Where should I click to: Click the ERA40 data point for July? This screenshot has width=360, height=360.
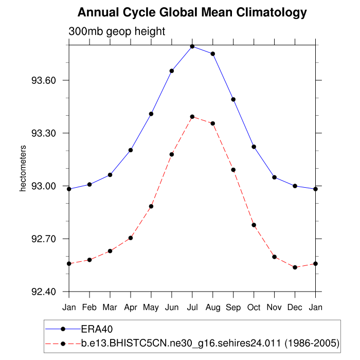coord(192,46)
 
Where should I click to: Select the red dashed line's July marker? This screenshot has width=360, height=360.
coord(192,117)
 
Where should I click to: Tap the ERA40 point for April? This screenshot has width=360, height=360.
coord(131,150)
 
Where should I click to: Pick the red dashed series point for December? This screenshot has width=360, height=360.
coord(295,267)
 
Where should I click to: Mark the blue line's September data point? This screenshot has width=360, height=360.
coord(233,99)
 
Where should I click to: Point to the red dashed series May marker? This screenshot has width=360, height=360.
coord(151,206)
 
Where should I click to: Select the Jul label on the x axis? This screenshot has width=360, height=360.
coord(192,308)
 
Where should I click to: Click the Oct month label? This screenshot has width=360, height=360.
coord(254,308)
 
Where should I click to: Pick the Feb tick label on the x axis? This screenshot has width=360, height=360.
coord(89,308)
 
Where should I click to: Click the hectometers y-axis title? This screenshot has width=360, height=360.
coord(23,168)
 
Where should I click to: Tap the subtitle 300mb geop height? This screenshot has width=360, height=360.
coord(117,31)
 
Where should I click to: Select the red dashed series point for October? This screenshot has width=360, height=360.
coord(254,225)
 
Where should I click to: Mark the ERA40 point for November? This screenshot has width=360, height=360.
coord(274,177)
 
